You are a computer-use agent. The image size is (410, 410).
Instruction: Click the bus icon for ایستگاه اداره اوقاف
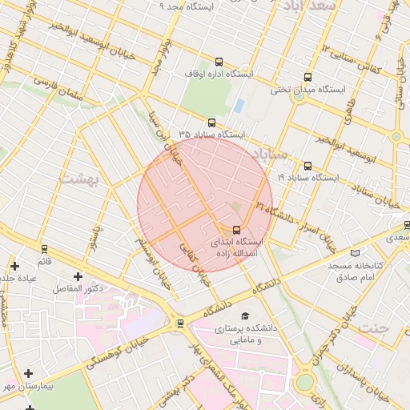click(x=219, y=62)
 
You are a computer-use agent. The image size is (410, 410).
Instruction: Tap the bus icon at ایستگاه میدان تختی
click(x=307, y=78)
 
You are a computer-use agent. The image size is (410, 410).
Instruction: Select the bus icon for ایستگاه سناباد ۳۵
click(x=211, y=123)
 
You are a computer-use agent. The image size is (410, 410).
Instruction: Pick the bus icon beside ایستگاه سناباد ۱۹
click(x=307, y=167)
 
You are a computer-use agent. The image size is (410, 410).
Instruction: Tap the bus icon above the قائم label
click(x=44, y=249)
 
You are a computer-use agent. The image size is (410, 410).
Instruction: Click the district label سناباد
click(x=270, y=152)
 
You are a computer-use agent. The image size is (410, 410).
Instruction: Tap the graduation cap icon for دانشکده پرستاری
click(x=244, y=316)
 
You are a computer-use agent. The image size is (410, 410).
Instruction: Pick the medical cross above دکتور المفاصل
click(x=78, y=275)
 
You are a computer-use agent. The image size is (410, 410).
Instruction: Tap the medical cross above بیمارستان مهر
click(x=30, y=373)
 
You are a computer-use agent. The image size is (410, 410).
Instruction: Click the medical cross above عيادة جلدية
click(x=14, y=265)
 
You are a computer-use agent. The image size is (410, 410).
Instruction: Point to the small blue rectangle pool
click(x=239, y=106)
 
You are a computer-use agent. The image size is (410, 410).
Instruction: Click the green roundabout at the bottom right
click(x=304, y=383)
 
